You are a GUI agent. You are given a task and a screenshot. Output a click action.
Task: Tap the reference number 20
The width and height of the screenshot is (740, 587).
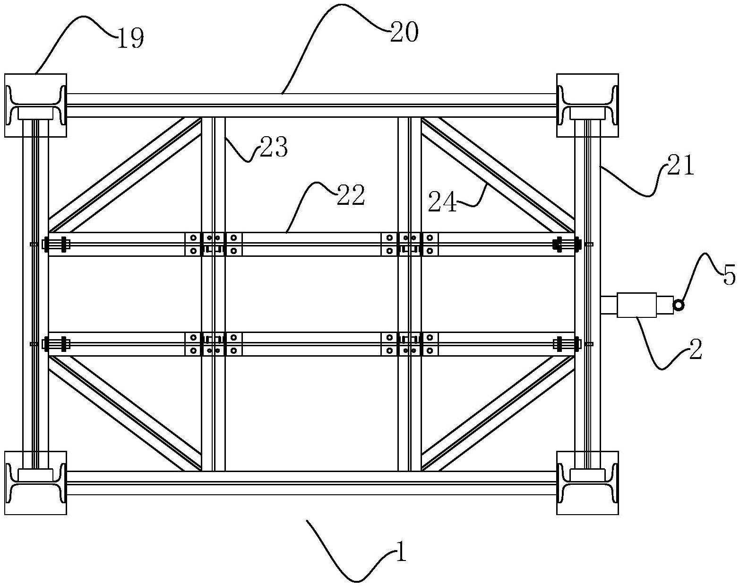[x=404, y=32]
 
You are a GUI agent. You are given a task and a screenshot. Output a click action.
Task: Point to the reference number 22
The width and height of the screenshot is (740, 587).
[x=351, y=195]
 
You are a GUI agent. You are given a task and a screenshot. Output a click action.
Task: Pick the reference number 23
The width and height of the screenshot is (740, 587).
[x=274, y=147]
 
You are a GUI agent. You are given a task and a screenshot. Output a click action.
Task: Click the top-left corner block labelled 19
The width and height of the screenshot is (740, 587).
[x=35, y=105]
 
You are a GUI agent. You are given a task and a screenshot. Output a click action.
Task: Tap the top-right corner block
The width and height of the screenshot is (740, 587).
[x=587, y=105]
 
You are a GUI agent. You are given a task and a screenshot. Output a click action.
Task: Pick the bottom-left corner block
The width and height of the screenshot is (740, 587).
[x=35, y=482]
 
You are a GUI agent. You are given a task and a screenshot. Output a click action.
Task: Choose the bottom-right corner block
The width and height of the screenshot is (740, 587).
[x=587, y=482]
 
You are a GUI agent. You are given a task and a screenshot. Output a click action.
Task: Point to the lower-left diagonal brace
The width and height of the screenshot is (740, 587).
[x=124, y=413]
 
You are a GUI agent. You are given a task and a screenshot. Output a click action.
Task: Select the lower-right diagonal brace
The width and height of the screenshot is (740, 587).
[x=498, y=413]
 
